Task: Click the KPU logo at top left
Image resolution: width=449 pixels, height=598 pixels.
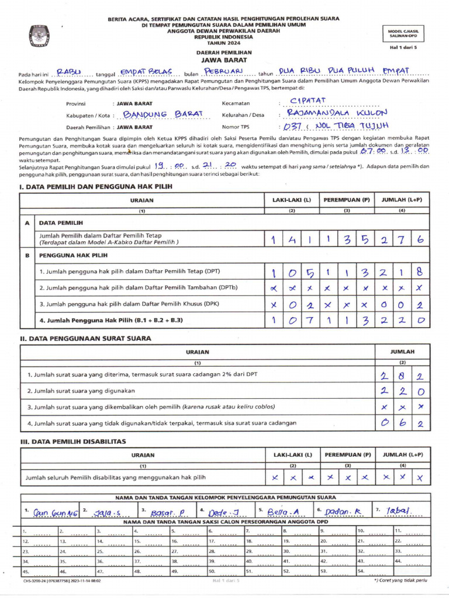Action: [40, 36]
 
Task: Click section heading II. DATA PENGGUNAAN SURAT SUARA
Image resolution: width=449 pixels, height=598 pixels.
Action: [85, 339]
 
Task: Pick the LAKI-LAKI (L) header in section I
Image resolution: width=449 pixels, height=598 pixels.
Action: [292, 200]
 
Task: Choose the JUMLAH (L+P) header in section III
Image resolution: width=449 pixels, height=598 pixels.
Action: [402, 454]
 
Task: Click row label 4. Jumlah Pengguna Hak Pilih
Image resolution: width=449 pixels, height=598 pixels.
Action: [111, 320]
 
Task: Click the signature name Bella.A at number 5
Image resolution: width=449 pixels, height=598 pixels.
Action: [282, 512]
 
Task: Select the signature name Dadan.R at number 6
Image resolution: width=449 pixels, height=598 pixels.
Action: [343, 512]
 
